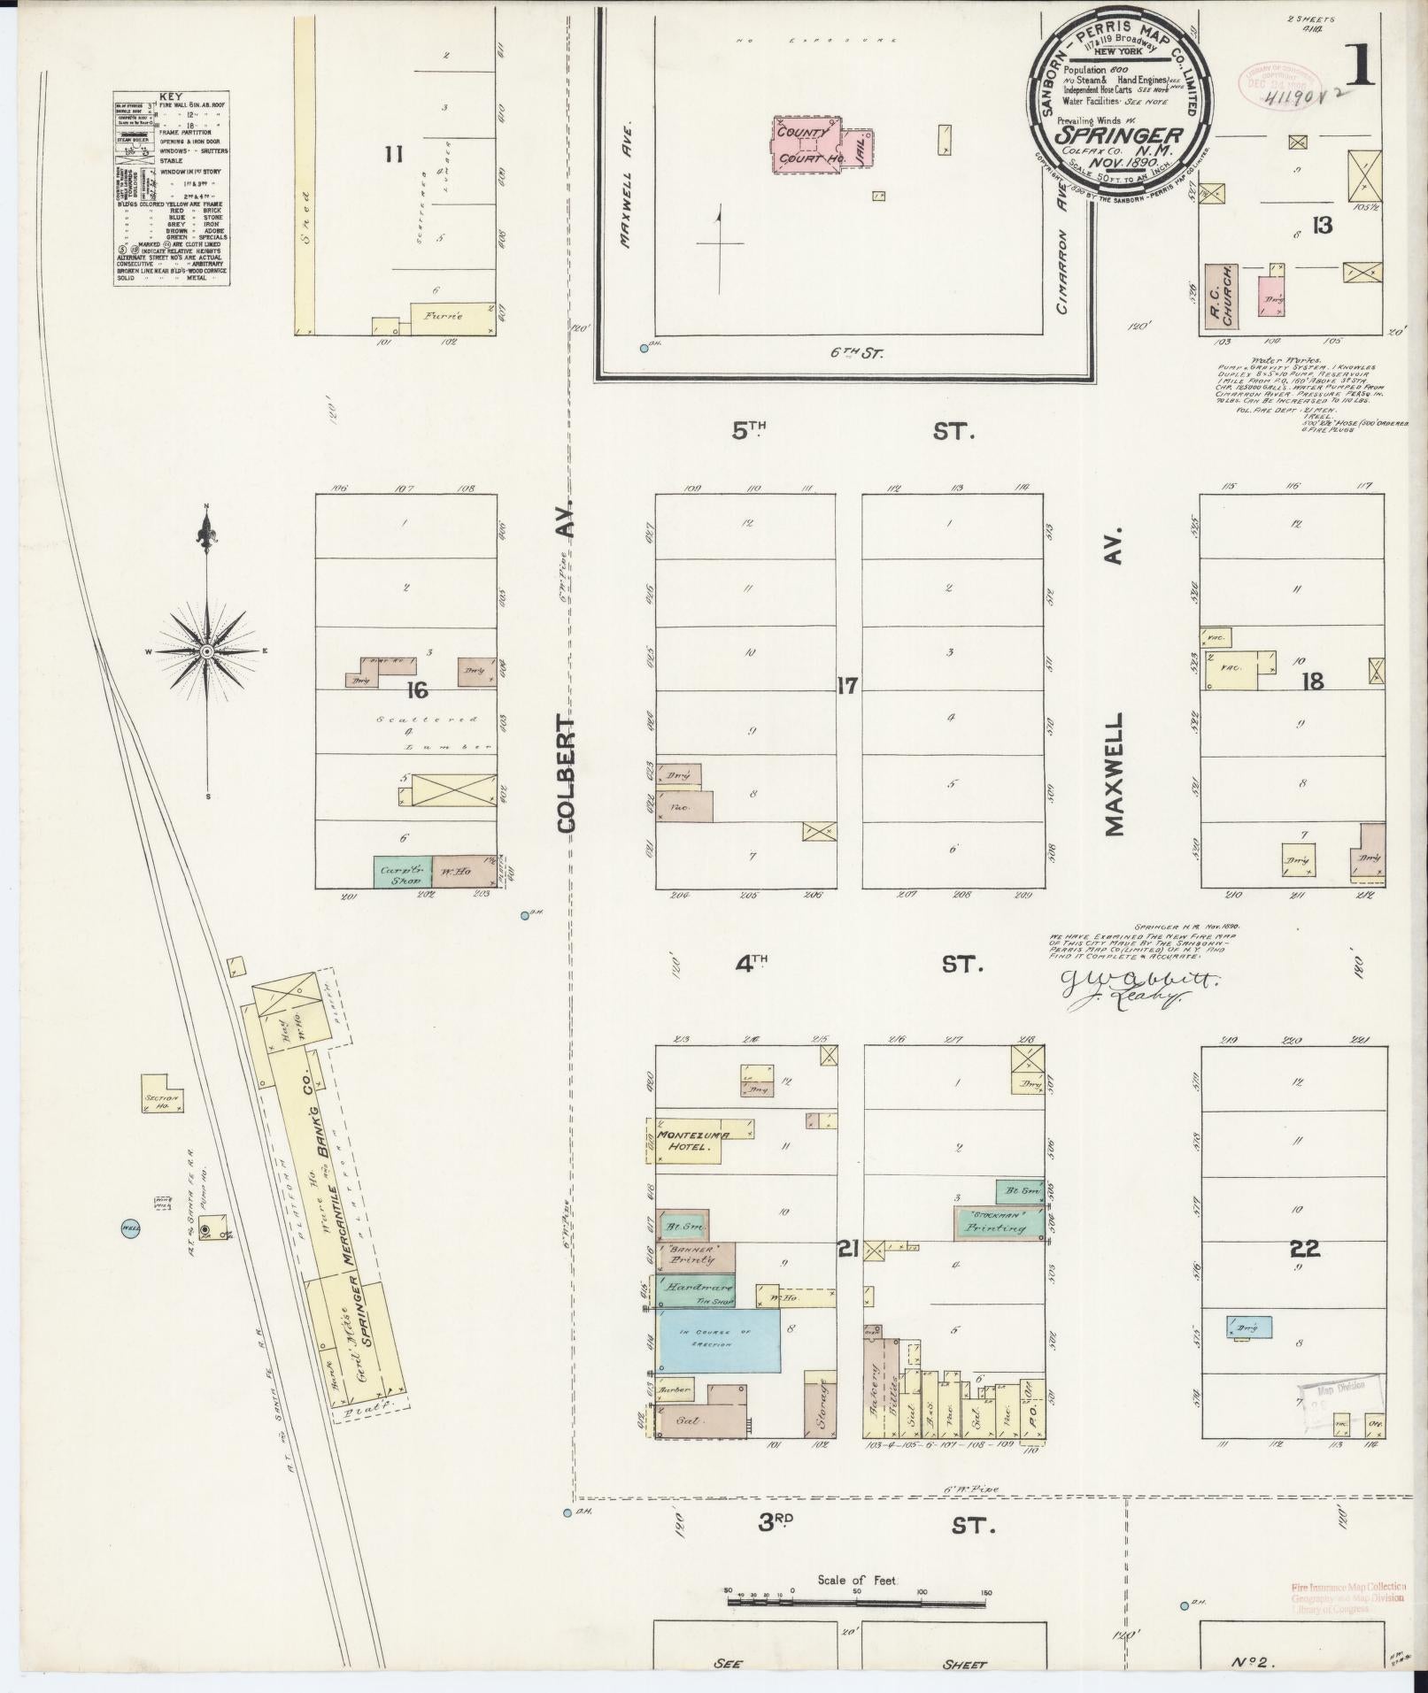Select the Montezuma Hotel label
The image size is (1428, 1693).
686,1140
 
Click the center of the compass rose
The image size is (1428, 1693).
207,652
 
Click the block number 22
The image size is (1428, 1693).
1305,1249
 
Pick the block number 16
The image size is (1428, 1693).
417,689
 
